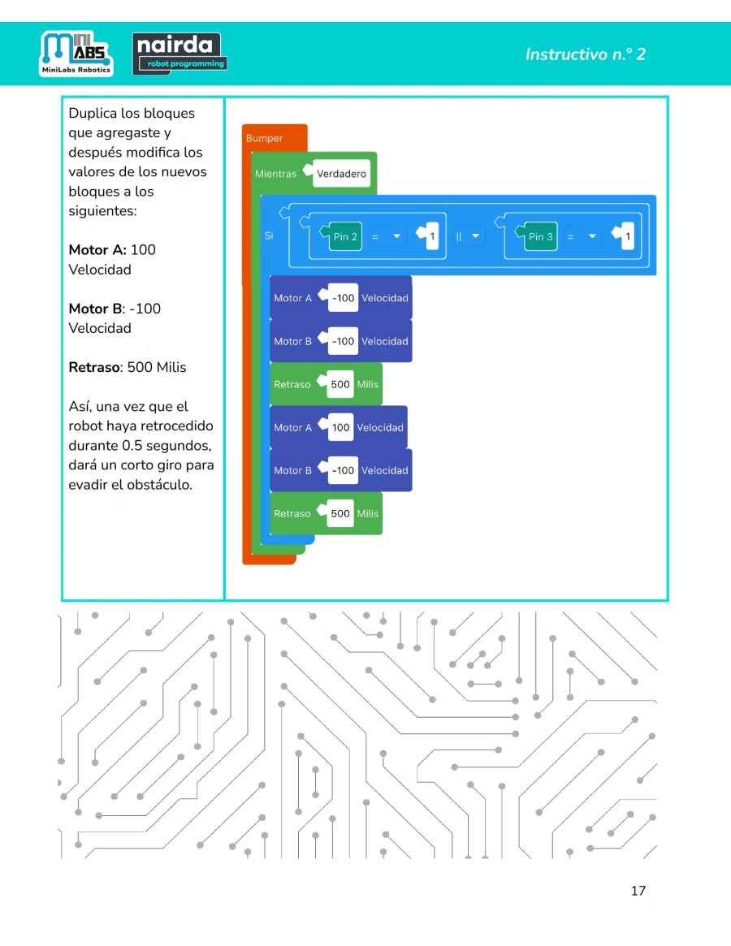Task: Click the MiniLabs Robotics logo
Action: point(76,54)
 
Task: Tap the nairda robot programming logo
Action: point(180,54)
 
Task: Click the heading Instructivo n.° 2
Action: point(585,54)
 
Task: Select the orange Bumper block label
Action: point(264,138)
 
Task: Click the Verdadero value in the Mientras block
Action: point(341,174)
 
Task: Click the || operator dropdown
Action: point(469,236)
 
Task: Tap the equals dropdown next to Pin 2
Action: point(387,236)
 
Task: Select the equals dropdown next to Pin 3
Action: point(582,236)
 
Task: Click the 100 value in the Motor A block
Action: point(340,428)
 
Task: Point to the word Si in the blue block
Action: point(269,236)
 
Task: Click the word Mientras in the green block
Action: point(275,174)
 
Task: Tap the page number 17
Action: point(638,891)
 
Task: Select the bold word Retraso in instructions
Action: point(93,367)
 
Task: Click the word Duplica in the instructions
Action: point(92,114)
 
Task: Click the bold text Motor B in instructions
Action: point(95,309)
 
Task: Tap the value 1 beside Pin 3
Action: point(627,236)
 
